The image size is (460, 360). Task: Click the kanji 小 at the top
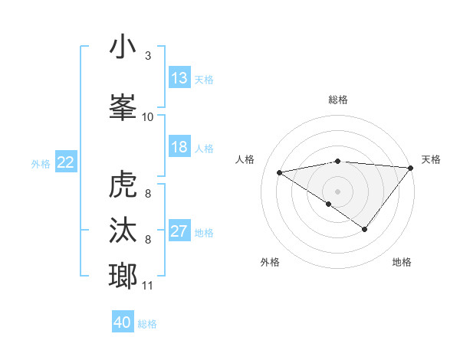pyautogui.click(x=123, y=47)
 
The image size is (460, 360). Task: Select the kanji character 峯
pyautogui.click(x=123, y=103)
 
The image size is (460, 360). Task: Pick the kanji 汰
pyautogui.click(x=123, y=231)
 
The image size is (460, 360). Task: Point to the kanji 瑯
pyautogui.click(x=123, y=274)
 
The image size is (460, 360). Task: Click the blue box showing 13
pyautogui.click(x=179, y=77)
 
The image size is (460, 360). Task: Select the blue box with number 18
pyautogui.click(x=179, y=147)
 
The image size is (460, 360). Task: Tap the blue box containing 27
pyautogui.click(x=179, y=231)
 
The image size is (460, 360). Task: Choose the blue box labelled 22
pyautogui.click(x=66, y=162)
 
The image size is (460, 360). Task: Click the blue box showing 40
pyautogui.click(x=123, y=322)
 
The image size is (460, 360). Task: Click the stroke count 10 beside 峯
pyautogui.click(x=148, y=116)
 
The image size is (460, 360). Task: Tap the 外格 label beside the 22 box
pyautogui.click(x=41, y=163)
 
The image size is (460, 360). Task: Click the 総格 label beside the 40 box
pyautogui.click(x=147, y=324)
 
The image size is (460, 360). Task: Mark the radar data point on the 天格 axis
pyautogui.click(x=411, y=167)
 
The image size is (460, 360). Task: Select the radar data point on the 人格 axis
pyautogui.click(x=280, y=172)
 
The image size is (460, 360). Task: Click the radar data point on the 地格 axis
pyautogui.click(x=365, y=229)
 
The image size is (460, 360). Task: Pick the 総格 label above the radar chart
pyautogui.click(x=338, y=100)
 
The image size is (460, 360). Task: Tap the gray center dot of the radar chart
pyautogui.click(x=337, y=191)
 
